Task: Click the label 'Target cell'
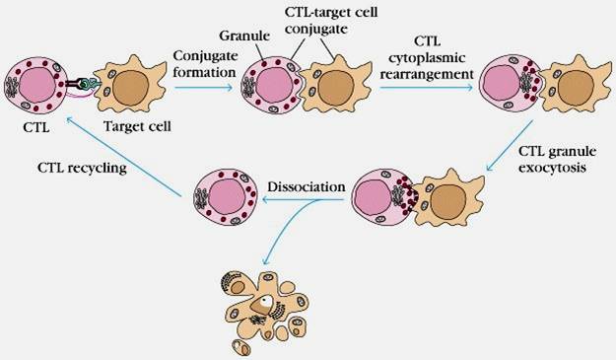[137, 126]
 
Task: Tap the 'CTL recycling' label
[82, 168]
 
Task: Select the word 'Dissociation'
[307, 186]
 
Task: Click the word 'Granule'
[244, 36]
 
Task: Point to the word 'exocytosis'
[552, 168]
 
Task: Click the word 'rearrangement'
[427, 74]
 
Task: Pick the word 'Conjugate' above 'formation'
[205, 56]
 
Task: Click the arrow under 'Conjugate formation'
[203, 87]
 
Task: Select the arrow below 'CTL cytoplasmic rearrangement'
[426, 87]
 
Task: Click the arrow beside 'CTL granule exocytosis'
[510, 145]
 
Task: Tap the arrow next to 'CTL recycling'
[124, 157]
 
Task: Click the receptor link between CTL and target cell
[82, 84]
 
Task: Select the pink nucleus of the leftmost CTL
[37, 85]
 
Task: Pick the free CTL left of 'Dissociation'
[225, 196]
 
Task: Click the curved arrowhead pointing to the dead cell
[266, 260]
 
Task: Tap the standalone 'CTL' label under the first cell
[36, 128]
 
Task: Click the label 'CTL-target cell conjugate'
[331, 20]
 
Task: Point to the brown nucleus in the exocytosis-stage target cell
[448, 201]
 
